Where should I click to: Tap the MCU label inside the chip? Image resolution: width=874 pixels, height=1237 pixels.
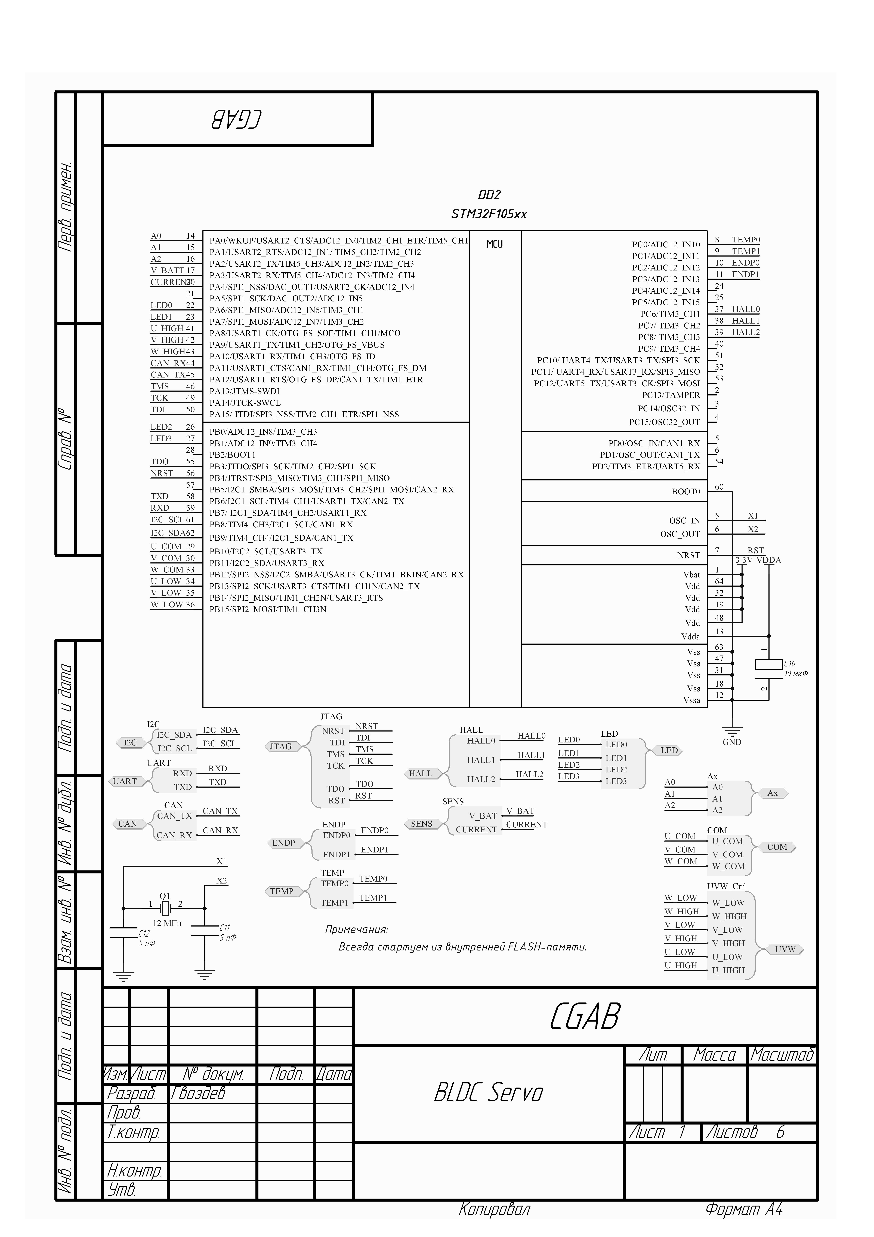click(x=494, y=244)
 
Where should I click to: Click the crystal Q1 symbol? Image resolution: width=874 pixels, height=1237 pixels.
click(x=165, y=908)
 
